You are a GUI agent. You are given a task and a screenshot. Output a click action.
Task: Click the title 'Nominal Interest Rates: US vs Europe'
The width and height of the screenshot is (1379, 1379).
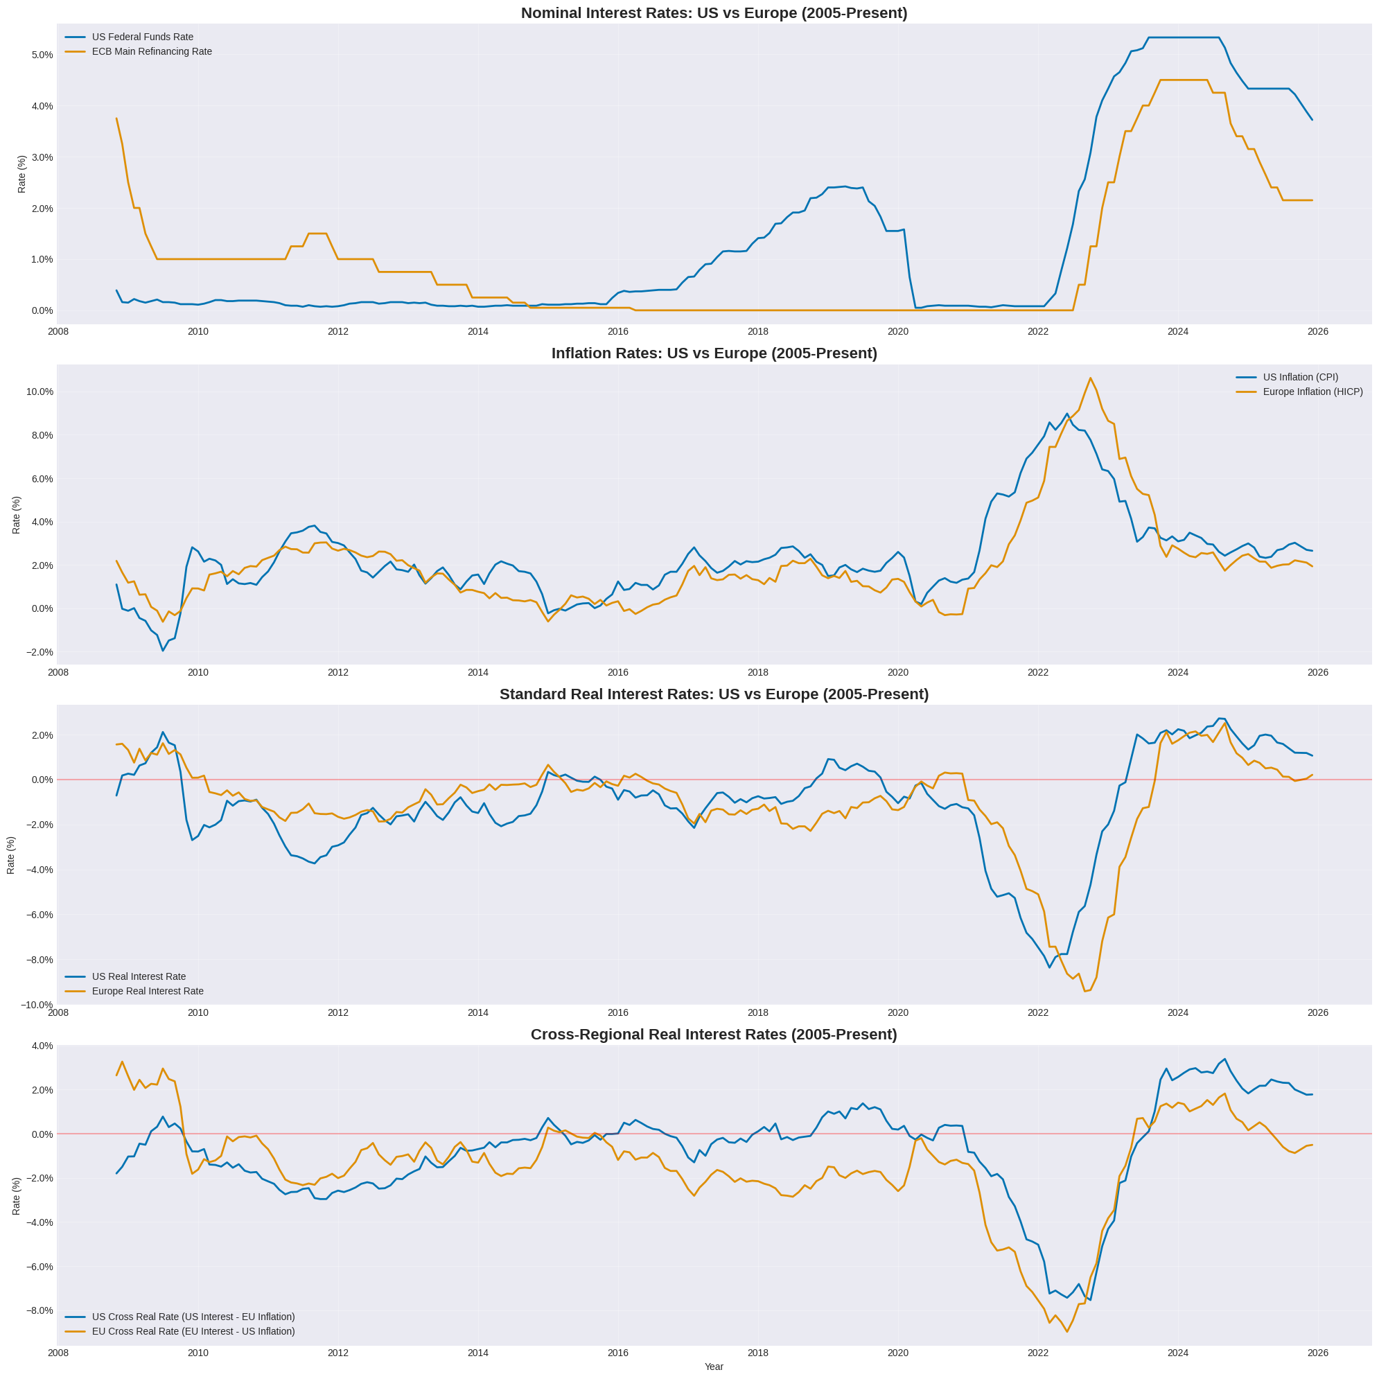click(x=714, y=13)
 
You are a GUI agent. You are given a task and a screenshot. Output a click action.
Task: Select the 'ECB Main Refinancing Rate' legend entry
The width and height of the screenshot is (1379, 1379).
click(x=151, y=51)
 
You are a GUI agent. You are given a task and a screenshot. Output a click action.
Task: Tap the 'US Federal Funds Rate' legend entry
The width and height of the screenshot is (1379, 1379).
click(x=142, y=37)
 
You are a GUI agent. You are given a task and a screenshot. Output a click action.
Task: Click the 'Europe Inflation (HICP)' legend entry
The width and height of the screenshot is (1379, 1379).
click(x=1312, y=392)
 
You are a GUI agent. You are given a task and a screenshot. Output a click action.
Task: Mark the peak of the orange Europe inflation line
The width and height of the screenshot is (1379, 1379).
click(x=1090, y=378)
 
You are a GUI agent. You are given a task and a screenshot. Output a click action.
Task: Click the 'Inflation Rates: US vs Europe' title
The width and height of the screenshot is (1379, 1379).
click(x=714, y=353)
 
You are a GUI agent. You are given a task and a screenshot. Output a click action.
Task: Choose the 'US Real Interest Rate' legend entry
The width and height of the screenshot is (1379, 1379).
click(x=139, y=976)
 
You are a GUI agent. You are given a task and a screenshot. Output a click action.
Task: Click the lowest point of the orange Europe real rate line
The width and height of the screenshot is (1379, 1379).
click(x=1084, y=992)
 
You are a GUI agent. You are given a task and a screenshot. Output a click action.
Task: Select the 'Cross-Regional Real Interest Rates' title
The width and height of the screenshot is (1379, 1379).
click(x=714, y=1034)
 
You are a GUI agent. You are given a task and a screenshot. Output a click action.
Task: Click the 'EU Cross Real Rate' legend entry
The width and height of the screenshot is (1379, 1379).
click(x=193, y=1331)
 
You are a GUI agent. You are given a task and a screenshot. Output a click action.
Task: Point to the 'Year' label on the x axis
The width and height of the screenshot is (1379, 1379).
click(x=714, y=1366)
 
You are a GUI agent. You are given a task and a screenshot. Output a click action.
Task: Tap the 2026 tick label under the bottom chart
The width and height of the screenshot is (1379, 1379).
click(x=1317, y=1353)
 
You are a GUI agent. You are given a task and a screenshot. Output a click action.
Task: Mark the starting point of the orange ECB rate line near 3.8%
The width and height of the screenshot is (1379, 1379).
click(x=116, y=118)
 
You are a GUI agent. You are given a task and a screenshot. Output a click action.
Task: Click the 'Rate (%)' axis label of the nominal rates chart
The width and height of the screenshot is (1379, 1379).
click(x=21, y=174)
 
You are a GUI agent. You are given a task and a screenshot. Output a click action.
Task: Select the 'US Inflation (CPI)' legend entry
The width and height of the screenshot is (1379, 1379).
click(x=1301, y=377)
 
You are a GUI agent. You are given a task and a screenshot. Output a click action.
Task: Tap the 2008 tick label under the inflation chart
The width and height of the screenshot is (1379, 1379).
click(x=58, y=672)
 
